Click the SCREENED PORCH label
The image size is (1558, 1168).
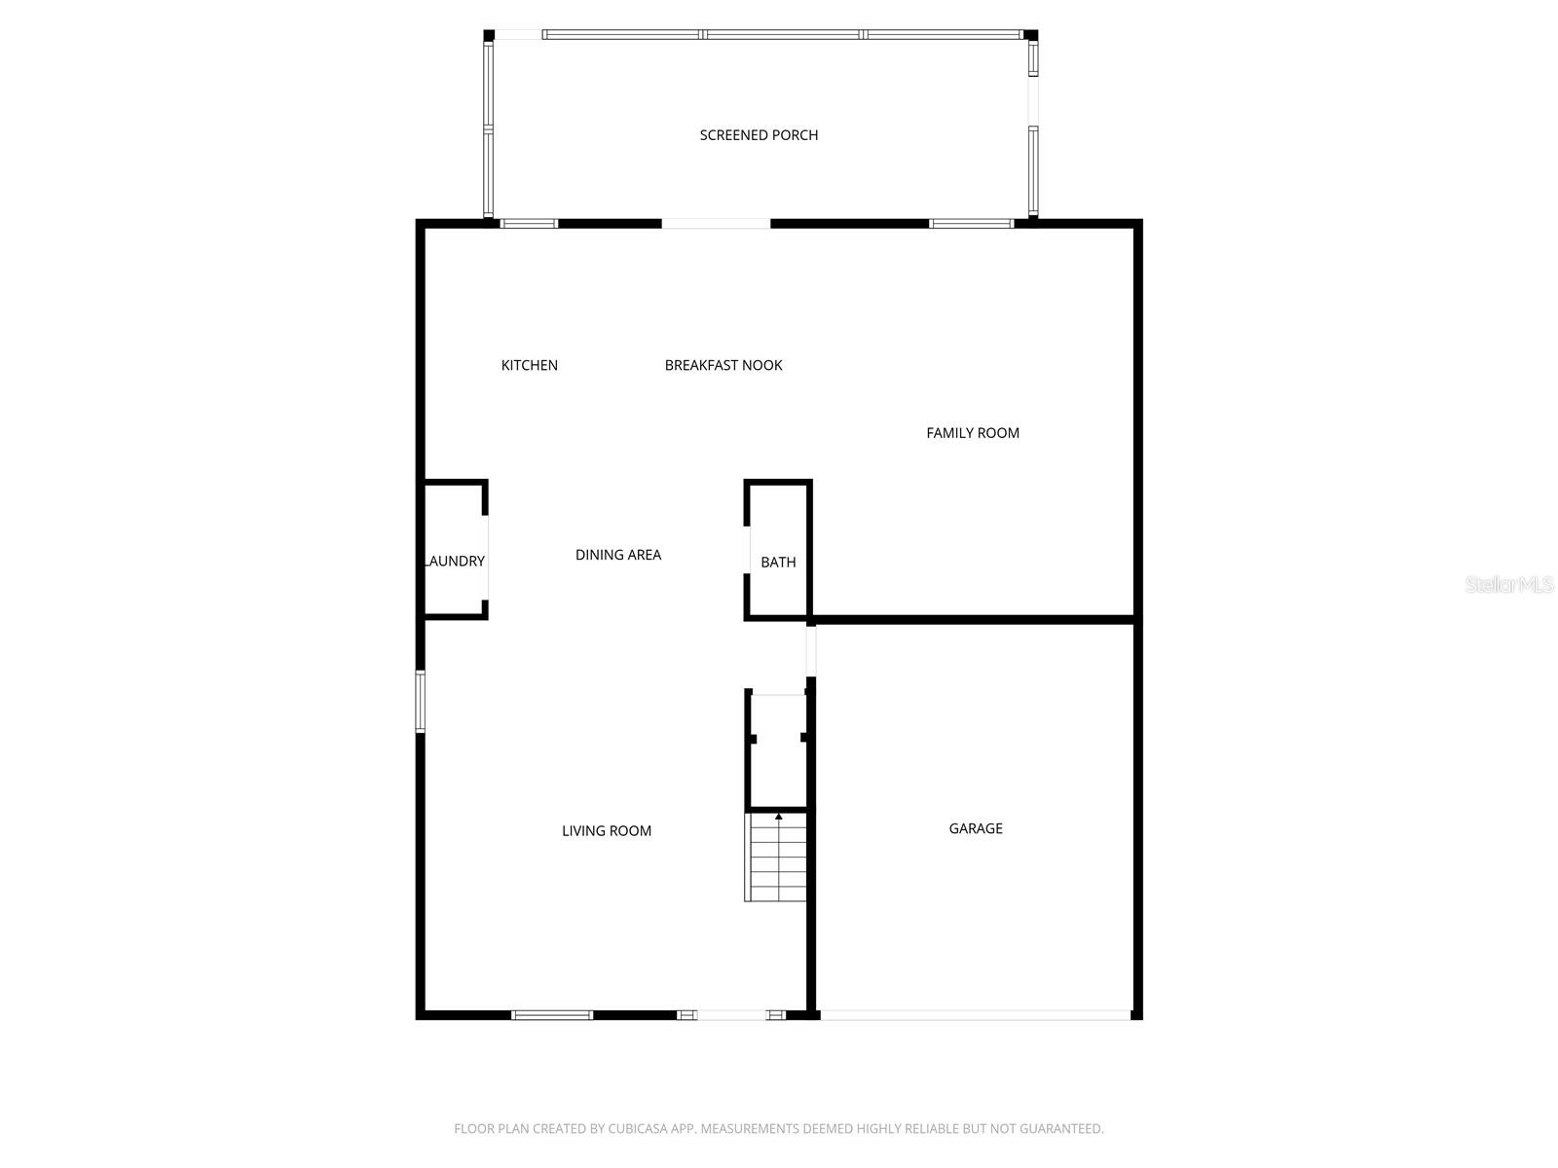tap(758, 134)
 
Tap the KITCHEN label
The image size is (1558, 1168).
tap(529, 365)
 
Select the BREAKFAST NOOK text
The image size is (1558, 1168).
tap(723, 365)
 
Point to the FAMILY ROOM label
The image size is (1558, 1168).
tap(973, 432)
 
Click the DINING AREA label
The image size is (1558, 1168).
tap(617, 555)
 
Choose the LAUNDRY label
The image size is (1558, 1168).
tap(455, 561)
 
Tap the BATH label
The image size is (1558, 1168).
tap(778, 563)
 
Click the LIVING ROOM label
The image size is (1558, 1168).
tap(607, 830)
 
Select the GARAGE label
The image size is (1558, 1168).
tap(976, 828)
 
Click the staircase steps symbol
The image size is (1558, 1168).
tap(775, 858)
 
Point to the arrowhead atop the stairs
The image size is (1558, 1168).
tap(779, 817)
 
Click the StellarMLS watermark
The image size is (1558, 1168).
tap(1509, 584)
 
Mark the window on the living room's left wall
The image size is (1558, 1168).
tap(421, 702)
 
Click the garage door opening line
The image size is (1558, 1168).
tap(976, 1015)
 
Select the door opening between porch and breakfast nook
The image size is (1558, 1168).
tap(716, 224)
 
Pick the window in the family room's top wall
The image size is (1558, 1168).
tap(971, 224)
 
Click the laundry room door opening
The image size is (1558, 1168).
tap(486, 558)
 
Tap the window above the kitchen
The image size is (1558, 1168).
tap(529, 224)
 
